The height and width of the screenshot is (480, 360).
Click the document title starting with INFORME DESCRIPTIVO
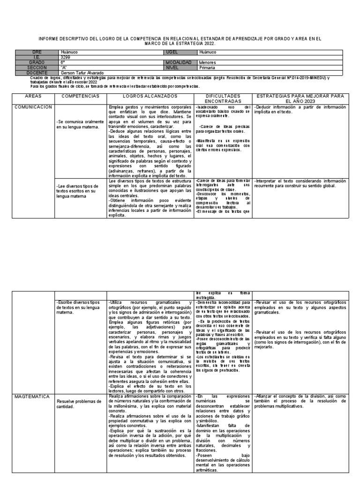point(180,41)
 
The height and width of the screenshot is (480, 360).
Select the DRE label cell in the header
point(37,52)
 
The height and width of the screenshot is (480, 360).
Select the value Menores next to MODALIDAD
point(208,62)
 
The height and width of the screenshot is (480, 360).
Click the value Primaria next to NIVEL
point(208,67)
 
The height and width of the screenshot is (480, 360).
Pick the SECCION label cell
point(37,67)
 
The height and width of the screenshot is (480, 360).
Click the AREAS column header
point(33,96)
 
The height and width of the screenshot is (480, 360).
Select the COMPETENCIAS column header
point(81,96)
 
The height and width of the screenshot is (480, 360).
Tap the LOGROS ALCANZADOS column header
point(150,96)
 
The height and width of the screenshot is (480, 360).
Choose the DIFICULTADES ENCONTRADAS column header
point(223,98)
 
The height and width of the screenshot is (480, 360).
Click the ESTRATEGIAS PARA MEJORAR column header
point(300,98)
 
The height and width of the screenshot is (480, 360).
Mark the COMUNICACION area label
point(33,107)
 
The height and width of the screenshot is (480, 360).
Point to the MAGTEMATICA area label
point(32,397)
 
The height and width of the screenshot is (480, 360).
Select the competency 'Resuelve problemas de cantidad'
point(79,404)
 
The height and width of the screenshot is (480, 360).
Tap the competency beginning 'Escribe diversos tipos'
point(80,307)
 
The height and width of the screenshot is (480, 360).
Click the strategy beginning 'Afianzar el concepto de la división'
point(300,401)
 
